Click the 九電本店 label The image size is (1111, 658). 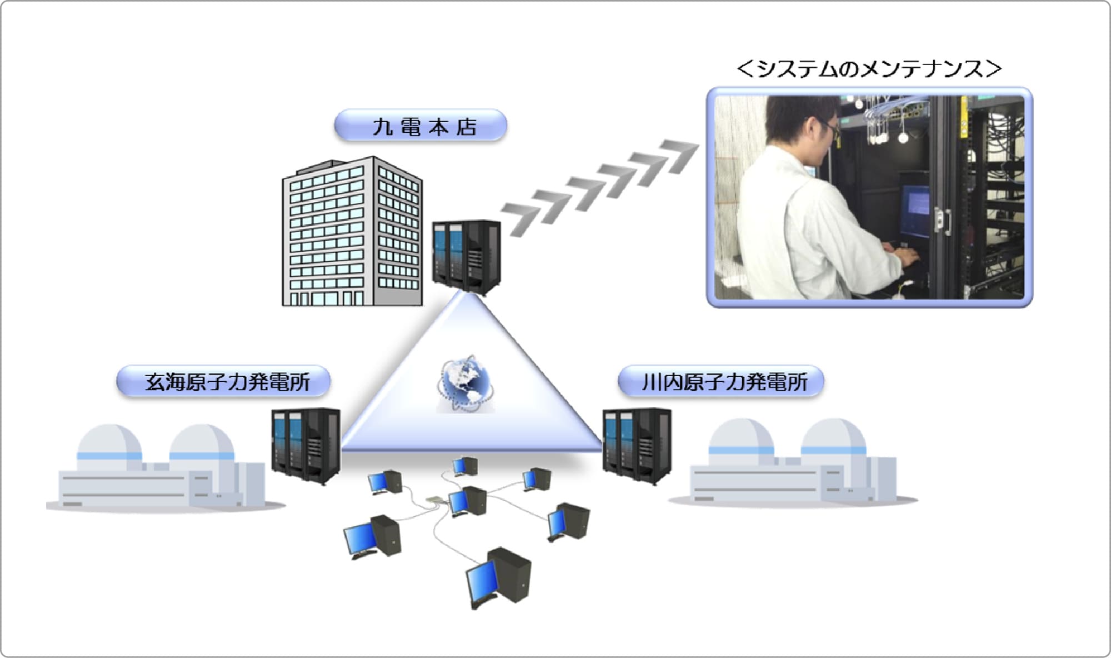click(x=421, y=126)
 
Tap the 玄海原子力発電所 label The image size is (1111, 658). click(x=223, y=382)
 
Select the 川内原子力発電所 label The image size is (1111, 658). click(x=721, y=382)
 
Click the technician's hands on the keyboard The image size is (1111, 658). click(x=903, y=257)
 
